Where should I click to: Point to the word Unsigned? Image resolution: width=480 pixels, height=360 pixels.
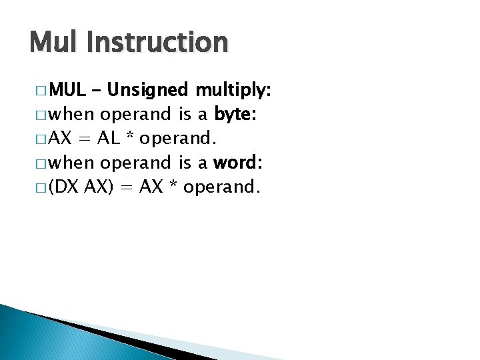click(x=148, y=90)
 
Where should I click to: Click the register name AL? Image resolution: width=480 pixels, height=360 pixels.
click(x=109, y=139)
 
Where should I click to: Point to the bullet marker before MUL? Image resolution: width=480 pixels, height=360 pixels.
click(x=37, y=91)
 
